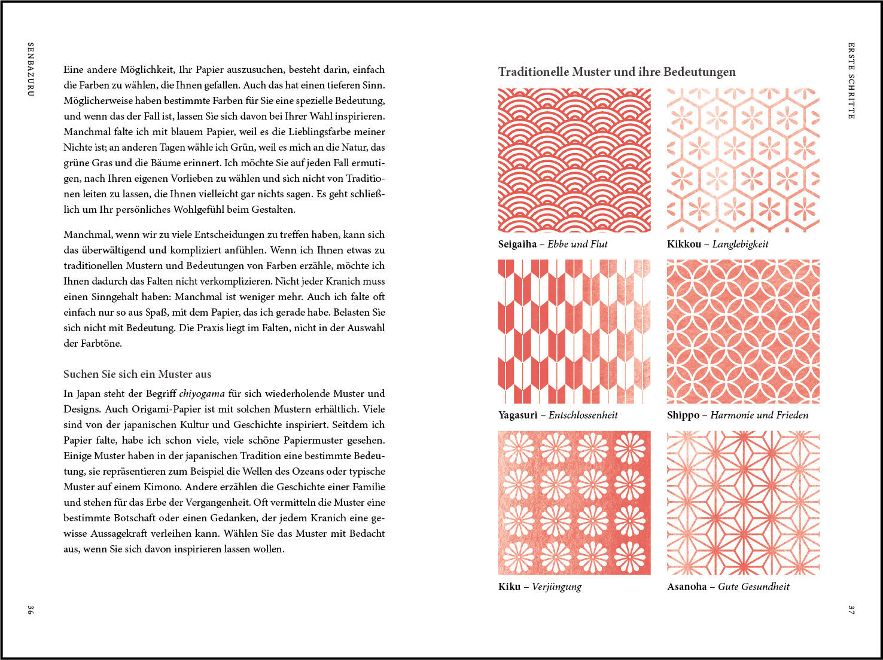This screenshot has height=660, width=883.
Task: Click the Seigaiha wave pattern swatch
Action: (574, 160)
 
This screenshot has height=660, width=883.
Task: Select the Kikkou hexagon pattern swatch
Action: (743, 160)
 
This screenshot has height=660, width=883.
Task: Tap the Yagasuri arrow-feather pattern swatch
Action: (574, 331)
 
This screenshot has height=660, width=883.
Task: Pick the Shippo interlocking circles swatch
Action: (743, 331)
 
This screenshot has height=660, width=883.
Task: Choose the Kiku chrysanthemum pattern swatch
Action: (574, 503)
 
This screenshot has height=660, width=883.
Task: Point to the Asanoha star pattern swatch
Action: (743, 503)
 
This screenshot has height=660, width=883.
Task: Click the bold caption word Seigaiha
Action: (517, 244)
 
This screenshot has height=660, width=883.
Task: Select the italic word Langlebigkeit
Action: (740, 244)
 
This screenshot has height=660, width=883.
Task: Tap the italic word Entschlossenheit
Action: (583, 415)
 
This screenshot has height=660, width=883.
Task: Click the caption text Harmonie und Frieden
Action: (759, 415)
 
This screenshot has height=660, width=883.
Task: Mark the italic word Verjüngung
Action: (556, 586)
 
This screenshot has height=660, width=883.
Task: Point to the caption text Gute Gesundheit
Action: (753, 586)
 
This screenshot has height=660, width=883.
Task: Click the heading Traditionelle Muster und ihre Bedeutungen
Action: (617, 72)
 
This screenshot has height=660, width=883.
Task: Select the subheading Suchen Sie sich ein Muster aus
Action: (138, 374)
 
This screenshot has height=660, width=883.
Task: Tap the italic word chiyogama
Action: (202, 393)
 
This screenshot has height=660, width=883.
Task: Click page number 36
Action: (31, 610)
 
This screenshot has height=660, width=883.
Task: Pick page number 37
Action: (851, 610)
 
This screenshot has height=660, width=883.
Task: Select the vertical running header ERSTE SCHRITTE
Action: (851, 80)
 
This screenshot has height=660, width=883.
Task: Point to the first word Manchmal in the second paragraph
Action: (87, 234)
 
